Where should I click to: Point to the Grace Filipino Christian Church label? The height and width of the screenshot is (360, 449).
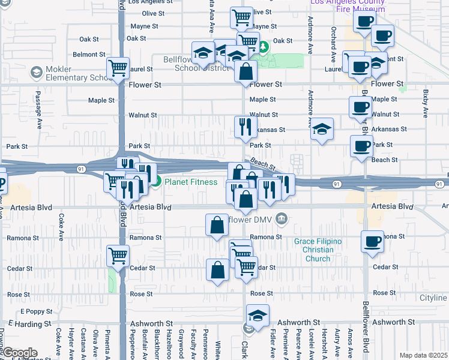click(x=318, y=250)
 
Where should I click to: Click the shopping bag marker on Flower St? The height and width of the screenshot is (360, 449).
click(x=246, y=72)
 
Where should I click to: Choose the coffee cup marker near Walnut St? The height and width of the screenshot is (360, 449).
click(x=360, y=107)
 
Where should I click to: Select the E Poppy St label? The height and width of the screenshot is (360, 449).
click(x=37, y=311)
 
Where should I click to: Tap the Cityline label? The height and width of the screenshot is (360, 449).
click(x=433, y=298)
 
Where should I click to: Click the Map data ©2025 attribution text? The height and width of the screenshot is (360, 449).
click(x=423, y=355)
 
